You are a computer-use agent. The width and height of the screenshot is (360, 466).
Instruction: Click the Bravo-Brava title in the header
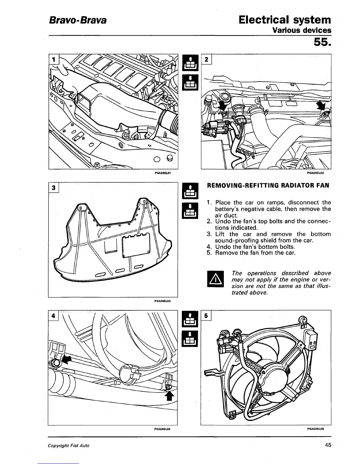tap(77, 21)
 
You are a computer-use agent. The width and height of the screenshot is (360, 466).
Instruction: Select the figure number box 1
tap(54, 59)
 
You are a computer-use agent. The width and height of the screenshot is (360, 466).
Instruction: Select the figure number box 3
tap(54, 188)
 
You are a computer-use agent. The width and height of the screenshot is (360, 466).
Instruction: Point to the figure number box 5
tap(206, 315)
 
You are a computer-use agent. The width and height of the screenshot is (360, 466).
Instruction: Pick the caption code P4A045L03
tap(162, 301)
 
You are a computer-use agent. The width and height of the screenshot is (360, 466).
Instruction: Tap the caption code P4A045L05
tap(315, 429)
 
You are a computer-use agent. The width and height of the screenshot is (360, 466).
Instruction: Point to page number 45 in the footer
tap(328, 445)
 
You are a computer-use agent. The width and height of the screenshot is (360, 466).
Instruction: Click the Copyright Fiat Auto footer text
tap(69, 445)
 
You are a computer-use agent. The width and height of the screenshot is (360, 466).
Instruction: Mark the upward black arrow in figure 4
tap(169, 396)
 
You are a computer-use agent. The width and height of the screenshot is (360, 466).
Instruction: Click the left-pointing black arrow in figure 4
tap(67, 359)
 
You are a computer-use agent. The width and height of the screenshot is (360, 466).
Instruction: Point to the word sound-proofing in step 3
tap(234, 240)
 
